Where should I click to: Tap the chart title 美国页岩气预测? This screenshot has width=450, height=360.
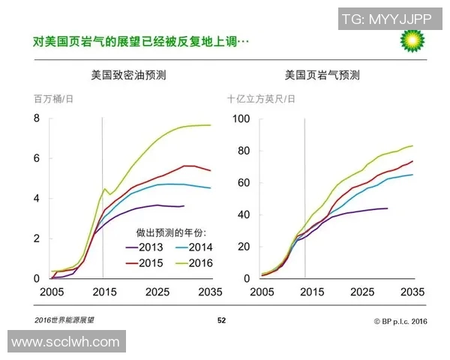tap(322, 75)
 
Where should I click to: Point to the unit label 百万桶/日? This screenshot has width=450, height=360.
tap(53, 98)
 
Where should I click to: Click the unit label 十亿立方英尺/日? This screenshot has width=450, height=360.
tap(261, 98)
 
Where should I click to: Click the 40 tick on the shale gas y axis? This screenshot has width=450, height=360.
tap(244, 214)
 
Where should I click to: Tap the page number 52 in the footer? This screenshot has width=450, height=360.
tap(221, 320)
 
